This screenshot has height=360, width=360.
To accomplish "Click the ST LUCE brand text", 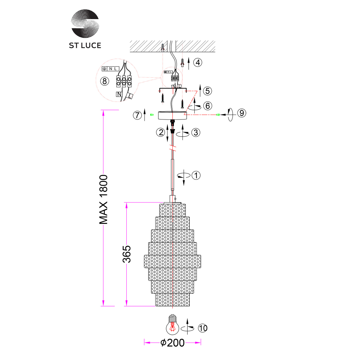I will click(x=85, y=45).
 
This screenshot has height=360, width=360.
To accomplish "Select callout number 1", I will click(x=196, y=176).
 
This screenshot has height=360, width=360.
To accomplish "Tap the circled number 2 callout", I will click(x=160, y=132).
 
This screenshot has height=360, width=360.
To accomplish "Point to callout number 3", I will click(x=195, y=132).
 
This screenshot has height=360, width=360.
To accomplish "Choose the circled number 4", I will click(x=198, y=62).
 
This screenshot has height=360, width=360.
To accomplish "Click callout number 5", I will click(x=207, y=91).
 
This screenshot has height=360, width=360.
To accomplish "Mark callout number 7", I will click(x=137, y=115).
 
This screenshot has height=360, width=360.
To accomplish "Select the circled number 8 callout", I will click(x=104, y=81).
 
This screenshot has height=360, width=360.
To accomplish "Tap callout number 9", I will click(x=242, y=113).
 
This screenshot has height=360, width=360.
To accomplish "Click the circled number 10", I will click(x=203, y=328).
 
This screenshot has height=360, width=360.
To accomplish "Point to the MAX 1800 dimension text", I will click(x=104, y=199).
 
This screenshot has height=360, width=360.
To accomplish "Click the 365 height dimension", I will click(x=126, y=254).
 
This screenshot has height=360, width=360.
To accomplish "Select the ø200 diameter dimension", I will click(x=173, y=343).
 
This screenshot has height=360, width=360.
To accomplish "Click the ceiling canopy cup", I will click(x=172, y=115).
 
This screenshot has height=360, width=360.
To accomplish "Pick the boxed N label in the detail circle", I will click(x=119, y=94).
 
